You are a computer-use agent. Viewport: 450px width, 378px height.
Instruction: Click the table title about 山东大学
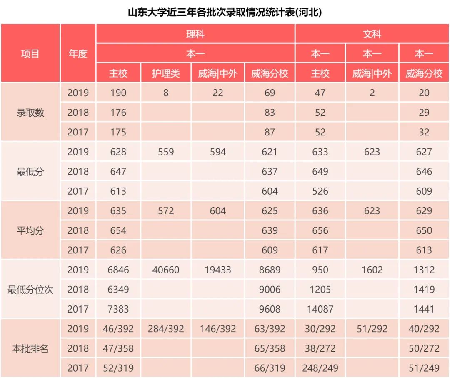pos(225,12)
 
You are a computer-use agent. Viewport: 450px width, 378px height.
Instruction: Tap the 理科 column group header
pos(195,34)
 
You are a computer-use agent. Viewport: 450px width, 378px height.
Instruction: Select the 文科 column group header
pos(372,34)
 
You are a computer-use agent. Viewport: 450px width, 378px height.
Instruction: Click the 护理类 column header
pos(166,74)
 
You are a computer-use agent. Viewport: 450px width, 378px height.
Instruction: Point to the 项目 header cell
pos(30,54)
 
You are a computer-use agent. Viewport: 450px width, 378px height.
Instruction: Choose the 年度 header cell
pos(78,54)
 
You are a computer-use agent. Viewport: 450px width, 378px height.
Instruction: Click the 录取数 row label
pos(30,113)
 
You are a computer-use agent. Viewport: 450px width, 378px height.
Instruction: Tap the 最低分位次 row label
pos(30,290)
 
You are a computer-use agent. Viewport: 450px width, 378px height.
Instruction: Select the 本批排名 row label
pos(30,349)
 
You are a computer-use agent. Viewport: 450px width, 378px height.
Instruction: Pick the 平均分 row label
pos(30,230)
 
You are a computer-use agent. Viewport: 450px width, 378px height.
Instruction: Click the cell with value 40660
pos(166,270)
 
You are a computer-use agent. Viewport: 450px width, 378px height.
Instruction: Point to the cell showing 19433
pos(218,270)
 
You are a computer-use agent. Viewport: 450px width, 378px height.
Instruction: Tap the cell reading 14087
pos(320,309)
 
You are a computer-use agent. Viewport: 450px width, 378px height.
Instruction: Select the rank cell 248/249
pos(320,368)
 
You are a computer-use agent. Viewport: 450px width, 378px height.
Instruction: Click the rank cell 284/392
pos(166,329)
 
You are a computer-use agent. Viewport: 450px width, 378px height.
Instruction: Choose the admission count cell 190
pos(118,93)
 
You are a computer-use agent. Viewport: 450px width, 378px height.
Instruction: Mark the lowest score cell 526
pos(320,191)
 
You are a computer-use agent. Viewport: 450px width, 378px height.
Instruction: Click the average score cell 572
pos(166,211)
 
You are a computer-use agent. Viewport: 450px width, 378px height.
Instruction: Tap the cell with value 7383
pos(118,309)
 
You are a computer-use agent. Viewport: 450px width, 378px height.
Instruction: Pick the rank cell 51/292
pos(372,329)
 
